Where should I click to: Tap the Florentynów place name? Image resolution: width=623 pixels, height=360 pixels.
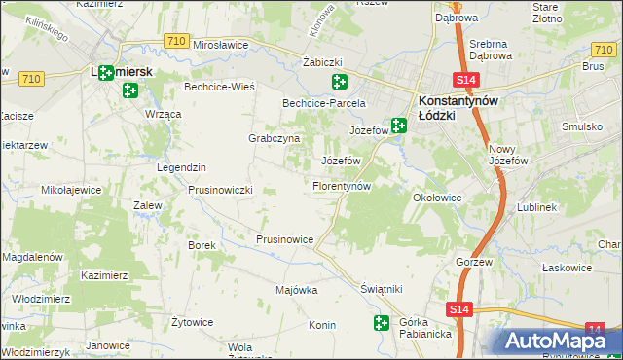(342, 185)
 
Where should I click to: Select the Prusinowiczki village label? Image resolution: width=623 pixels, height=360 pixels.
(220, 190)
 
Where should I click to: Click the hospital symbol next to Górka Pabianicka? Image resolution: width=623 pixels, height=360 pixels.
(380, 322)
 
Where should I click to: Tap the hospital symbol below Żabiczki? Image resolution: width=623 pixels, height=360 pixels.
(339, 82)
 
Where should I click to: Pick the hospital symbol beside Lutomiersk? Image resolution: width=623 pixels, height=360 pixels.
(130, 91)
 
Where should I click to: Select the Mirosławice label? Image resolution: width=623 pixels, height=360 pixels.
(222, 45)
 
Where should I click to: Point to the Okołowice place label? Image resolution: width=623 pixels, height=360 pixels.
(436, 198)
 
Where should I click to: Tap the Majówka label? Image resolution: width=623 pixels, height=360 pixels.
(297, 290)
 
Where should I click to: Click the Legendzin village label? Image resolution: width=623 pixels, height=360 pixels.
(181, 167)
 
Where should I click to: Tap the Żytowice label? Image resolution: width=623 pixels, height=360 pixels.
(192, 322)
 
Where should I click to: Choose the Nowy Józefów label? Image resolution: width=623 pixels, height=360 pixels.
(507, 154)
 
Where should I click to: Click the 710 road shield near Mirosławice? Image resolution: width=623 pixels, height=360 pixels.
(176, 40)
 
